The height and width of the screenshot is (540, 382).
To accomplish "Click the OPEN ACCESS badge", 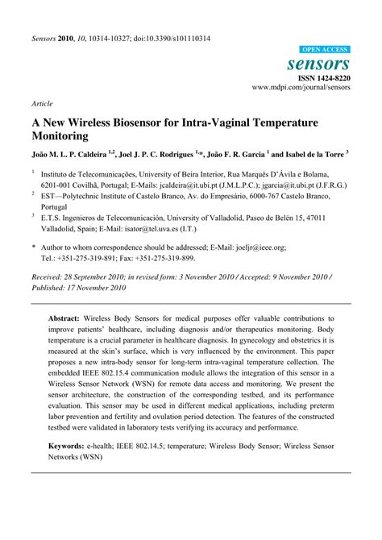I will (324, 49).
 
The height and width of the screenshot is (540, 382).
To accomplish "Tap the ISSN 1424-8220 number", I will (326, 77).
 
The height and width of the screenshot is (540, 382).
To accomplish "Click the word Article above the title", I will (41, 104).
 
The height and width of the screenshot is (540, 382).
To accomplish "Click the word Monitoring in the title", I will (65, 136).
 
